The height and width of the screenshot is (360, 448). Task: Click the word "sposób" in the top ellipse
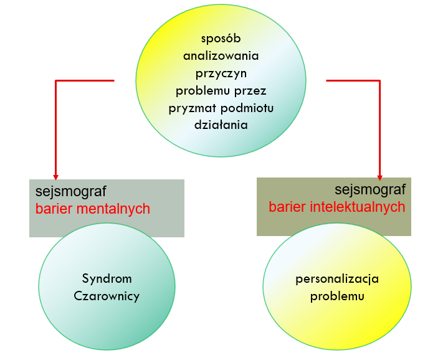(221, 39)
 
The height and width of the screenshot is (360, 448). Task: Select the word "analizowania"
(221, 55)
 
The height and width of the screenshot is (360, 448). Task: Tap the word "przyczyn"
(221, 73)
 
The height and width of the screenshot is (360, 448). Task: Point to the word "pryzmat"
(189, 108)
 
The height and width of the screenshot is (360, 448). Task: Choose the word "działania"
(221, 125)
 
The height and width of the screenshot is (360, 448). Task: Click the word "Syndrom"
(107, 278)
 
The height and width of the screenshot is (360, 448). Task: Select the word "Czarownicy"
(107, 296)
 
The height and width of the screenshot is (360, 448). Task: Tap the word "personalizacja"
(337, 278)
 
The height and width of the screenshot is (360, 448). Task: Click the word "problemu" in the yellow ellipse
(337, 296)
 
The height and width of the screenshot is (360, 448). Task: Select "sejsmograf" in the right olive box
(370, 189)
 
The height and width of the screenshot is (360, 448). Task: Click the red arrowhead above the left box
(56, 176)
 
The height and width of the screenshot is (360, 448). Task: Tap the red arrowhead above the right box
(379, 177)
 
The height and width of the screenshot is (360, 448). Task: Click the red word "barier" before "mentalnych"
(53, 209)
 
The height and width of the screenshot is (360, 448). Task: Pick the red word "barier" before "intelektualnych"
(288, 207)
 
